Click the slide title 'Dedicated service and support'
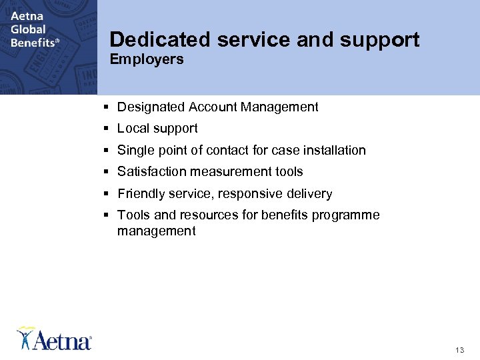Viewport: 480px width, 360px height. coord(265,40)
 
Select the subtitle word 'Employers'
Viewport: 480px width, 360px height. coord(147,60)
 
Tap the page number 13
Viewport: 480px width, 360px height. coord(459,349)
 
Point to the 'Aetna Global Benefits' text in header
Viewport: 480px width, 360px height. coord(35,29)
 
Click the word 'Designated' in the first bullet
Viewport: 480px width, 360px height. coord(151,107)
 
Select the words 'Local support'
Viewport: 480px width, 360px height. coord(157,128)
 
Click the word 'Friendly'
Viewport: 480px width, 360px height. coord(141,193)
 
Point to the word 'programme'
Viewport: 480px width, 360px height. coord(347,215)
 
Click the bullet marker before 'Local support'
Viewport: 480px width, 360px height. coord(107,129)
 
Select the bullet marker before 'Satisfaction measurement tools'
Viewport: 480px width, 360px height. coord(107,172)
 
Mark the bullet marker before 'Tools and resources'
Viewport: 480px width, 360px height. coord(107,215)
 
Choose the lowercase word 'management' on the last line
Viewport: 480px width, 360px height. coord(157,231)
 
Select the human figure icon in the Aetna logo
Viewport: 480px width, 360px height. coord(25,337)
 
